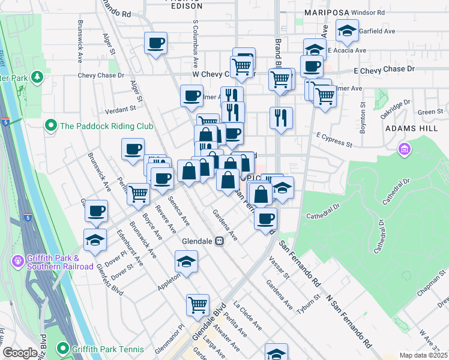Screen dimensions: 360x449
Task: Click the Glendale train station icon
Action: pos(220,241)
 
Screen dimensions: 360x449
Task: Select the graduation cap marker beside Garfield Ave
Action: pos(347,31)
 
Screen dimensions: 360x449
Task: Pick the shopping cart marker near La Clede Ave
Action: pos(197,305)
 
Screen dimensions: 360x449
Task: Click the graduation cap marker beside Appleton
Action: pos(187,262)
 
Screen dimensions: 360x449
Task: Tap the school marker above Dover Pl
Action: pos(95,240)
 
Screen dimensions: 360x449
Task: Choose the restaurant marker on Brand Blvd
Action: pos(281,118)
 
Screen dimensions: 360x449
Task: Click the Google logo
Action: pos(20,353)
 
